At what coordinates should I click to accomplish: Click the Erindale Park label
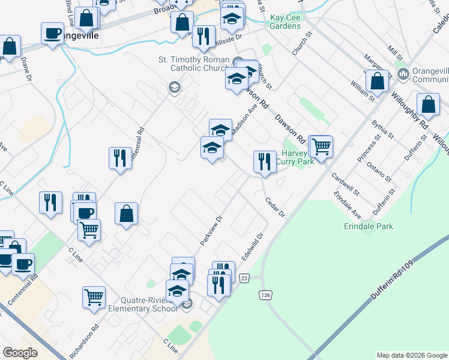[x=369, y=226]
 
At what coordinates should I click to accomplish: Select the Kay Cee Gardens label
[x=285, y=22]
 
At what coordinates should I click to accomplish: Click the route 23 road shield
[x=244, y=278]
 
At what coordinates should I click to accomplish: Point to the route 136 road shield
[x=265, y=295]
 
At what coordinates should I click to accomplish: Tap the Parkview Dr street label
[x=211, y=230]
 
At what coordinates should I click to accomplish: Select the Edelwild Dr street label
[x=253, y=247]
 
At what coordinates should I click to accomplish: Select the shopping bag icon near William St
[x=377, y=80]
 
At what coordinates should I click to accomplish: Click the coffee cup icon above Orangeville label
[x=52, y=32]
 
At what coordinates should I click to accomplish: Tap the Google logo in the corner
[x=20, y=353]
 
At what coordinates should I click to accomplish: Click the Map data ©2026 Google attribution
[x=412, y=355]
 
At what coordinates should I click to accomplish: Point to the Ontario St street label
[x=380, y=170]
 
